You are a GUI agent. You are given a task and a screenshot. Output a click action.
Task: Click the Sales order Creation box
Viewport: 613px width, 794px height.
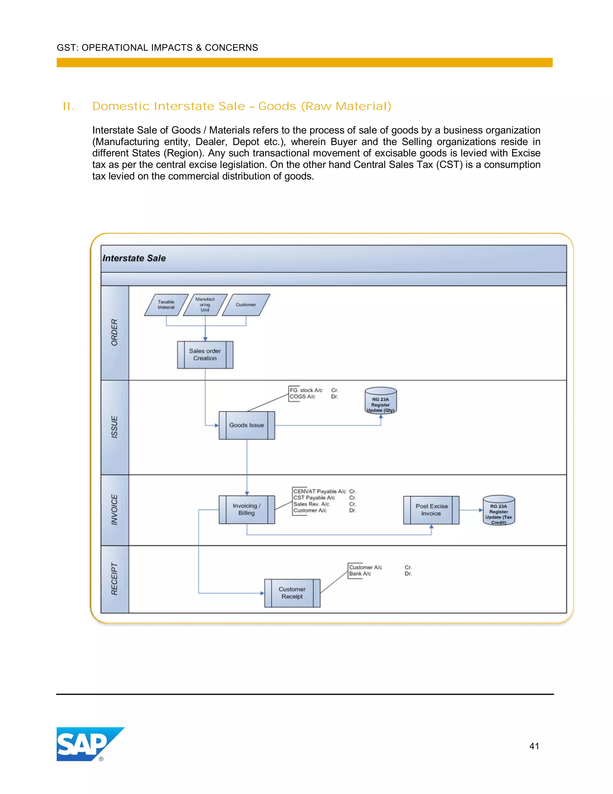pyautogui.click(x=205, y=354)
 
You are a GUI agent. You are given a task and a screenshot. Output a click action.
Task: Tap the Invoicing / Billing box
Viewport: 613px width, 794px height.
pyautogui.click(x=247, y=509)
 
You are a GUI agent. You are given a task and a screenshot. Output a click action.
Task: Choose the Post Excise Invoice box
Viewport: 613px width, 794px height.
pyautogui.click(x=431, y=510)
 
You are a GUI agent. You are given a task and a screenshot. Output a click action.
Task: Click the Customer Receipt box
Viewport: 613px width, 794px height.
pyautogui.click(x=292, y=593)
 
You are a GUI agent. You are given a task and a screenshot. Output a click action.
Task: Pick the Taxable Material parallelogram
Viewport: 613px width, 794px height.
pyautogui.click(x=166, y=305)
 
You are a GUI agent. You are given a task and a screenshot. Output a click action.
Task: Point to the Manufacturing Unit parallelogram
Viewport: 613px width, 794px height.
pyautogui.click(x=205, y=305)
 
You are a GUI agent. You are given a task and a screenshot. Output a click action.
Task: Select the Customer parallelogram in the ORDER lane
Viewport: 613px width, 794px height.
pyautogui.click(x=246, y=305)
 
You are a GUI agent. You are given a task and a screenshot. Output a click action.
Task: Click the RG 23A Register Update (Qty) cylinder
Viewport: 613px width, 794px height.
pyautogui.click(x=381, y=401)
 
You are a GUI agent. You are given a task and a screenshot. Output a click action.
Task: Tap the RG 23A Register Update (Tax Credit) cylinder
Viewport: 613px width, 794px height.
pyautogui.click(x=499, y=511)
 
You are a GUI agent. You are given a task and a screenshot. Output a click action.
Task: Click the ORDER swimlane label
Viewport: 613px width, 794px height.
pyautogui.click(x=114, y=332)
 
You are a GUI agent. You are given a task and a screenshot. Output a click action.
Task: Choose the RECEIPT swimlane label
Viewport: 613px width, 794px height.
pyautogui.click(x=114, y=579)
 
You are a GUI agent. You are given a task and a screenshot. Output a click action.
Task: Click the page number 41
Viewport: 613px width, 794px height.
pyautogui.click(x=534, y=746)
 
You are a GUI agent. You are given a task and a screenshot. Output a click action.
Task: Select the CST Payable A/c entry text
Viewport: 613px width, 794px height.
pyautogui.click(x=314, y=498)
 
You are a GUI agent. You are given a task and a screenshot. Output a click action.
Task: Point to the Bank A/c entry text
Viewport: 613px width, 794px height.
pyautogui.click(x=360, y=574)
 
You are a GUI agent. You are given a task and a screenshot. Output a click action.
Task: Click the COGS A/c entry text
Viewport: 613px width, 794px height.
pyautogui.click(x=303, y=397)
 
